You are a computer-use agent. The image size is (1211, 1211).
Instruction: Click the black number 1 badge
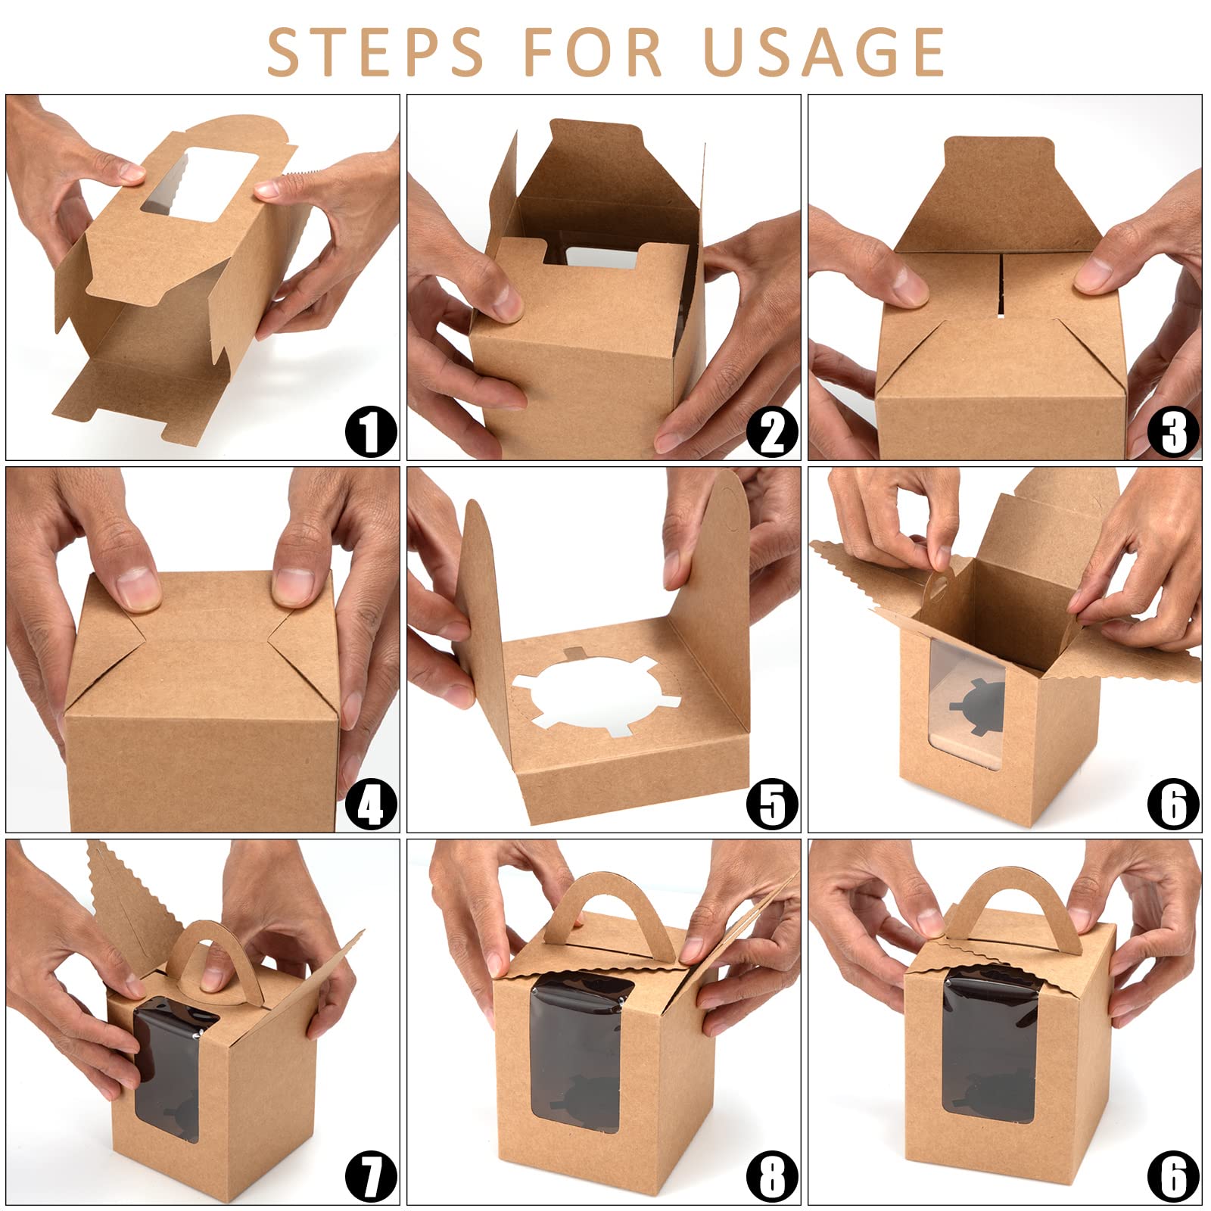pos(371,431)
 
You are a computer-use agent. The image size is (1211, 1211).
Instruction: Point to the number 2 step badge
pos(772,431)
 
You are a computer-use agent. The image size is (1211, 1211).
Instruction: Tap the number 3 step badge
pos(1173,431)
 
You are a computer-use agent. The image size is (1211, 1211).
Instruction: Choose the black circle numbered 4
pos(371,804)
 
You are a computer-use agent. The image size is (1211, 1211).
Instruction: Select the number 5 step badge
pos(772,804)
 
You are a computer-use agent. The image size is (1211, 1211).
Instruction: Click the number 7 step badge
pos(371,1176)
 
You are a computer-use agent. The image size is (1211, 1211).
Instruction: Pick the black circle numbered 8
pos(772,1176)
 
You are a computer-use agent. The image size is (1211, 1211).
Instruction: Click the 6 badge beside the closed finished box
pos(1173,1176)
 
